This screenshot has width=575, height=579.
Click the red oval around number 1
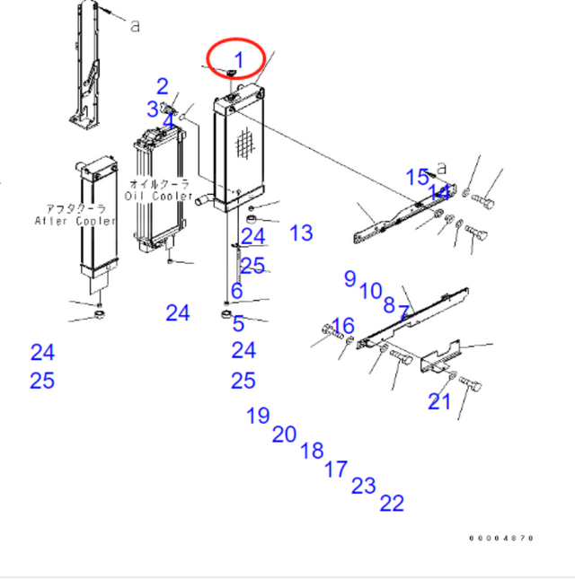click(x=236, y=59)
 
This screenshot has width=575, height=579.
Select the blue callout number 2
click(x=163, y=87)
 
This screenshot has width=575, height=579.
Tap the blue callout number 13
click(x=301, y=233)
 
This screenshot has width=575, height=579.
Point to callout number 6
click(x=236, y=291)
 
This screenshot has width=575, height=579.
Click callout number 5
click(x=238, y=324)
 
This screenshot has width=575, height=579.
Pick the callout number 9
click(x=349, y=278)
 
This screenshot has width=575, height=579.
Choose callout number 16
click(x=343, y=325)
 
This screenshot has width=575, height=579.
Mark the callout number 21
click(x=438, y=401)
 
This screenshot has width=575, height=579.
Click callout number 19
click(x=258, y=416)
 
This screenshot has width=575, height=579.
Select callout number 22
click(x=392, y=504)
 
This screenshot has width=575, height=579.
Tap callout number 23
click(x=363, y=486)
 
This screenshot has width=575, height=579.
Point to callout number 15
click(x=417, y=177)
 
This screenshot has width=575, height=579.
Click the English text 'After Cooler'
click(x=75, y=220)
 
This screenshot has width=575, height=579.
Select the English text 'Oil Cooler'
click(x=160, y=196)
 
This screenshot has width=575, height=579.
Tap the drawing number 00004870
click(x=501, y=539)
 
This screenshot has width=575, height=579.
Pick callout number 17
click(x=335, y=469)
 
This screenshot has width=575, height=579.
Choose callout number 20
click(x=284, y=434)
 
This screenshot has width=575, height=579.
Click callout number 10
click(x=370, y=291)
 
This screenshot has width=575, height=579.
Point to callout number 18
click(x=312, y=451)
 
